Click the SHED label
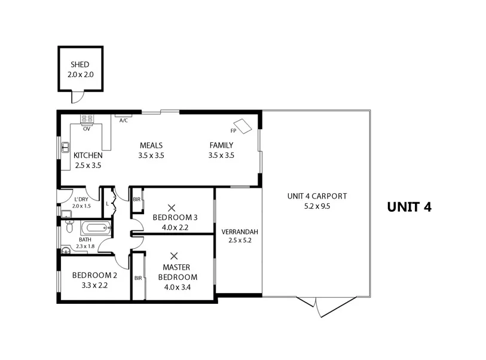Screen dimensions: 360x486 tap(80, 65)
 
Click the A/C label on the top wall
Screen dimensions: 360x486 tap(124, 120)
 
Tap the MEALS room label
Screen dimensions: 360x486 tap(151, 145)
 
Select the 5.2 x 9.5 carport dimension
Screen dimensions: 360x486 tap(317, 206)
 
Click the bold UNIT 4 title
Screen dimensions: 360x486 tap(409, 207)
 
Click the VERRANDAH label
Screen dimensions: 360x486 tap(239, 231)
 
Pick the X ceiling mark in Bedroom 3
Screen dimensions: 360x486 tap(172, 208)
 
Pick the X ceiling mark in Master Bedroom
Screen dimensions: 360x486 tap(175, 255)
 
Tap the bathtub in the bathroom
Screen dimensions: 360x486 tap(95, 228)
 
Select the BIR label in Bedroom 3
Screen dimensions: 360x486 tap(137, 199)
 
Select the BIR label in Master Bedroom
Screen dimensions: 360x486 tap(138, 278)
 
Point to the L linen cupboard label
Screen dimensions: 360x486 tap(107, 203)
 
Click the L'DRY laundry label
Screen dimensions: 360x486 tap(81, 199)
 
